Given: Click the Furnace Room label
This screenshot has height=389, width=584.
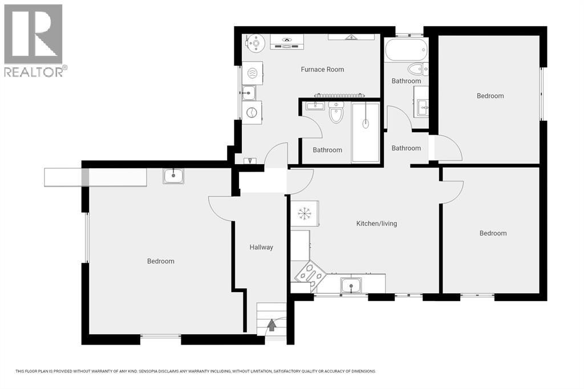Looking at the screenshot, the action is click(x=322, y=70).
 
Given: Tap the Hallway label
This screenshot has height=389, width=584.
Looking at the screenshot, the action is click(x=261, y=247).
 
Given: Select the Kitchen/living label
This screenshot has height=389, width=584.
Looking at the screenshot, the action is click(x=376, y=224).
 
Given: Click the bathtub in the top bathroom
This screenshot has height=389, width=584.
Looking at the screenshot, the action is click(x=406, y=50).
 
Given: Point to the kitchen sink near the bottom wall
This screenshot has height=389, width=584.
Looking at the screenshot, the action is click(x=351, y=286).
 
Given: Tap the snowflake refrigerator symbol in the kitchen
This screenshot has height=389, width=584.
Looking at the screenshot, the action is click(x=305, y=213).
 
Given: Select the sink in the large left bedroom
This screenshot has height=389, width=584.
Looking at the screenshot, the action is click(x=173, y=176).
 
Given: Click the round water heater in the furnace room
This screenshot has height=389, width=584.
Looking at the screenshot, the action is click(x=256, y=43).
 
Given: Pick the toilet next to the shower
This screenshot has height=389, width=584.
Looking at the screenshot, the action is click(x=336, y=113).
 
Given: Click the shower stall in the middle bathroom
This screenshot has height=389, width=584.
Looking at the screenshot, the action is click(x=366, y=132).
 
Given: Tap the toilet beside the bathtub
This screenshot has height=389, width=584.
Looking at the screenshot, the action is click(x=418, y=69).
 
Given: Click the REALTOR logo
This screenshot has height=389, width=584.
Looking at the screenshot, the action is click(x=34, y=40).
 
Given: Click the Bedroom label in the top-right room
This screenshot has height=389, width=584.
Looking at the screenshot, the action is click(x=490, y=96).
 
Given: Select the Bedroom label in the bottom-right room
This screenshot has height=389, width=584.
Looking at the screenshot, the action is click(x=493, y=233).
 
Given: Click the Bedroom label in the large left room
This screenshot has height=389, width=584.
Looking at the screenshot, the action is click(x=160, y=261).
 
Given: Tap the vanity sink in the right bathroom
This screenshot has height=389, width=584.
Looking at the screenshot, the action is click(x=423, y=107).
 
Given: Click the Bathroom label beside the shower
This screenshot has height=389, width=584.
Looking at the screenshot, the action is click(x=327, y=150).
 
